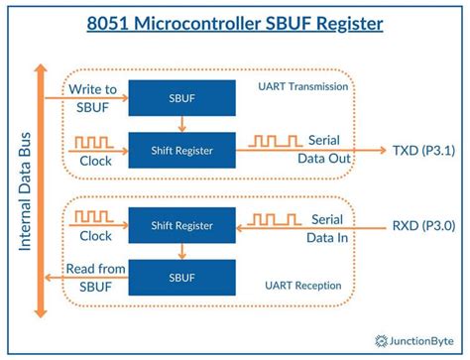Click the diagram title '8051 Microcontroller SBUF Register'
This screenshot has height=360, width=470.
(235, 22)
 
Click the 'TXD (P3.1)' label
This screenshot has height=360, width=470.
(424, 151)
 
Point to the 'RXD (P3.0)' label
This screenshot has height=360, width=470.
(424, 226)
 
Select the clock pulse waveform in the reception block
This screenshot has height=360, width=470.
(94, 217)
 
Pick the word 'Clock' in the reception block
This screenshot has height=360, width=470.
(95, 237)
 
